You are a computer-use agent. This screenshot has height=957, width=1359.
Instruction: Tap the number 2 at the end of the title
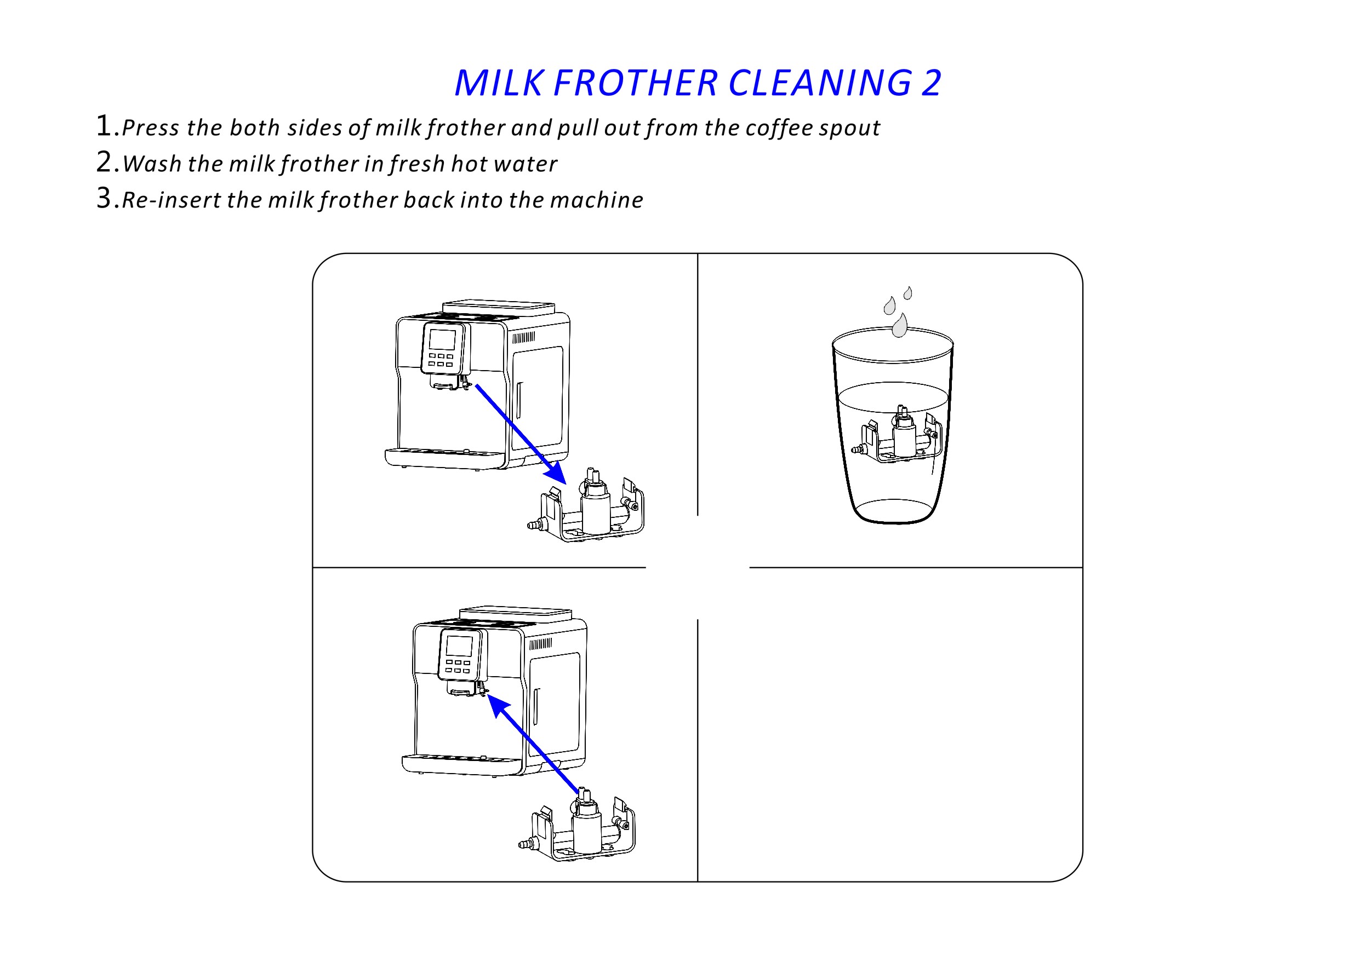coord(930,83)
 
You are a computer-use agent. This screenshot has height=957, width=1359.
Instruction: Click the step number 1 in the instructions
coord(104,125)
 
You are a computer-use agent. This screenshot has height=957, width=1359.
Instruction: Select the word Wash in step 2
coord(152,164)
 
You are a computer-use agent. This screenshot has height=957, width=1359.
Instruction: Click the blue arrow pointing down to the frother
coord(521,435)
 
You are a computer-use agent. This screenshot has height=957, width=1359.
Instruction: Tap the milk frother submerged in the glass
coord(896,434)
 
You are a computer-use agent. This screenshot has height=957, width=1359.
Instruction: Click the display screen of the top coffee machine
coord(443,340)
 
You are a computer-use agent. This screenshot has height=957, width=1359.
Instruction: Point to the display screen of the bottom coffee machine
coord(459,646)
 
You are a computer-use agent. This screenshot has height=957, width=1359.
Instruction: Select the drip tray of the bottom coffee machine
coord(462,764)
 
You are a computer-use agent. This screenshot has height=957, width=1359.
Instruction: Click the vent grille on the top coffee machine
coord(523,338)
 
